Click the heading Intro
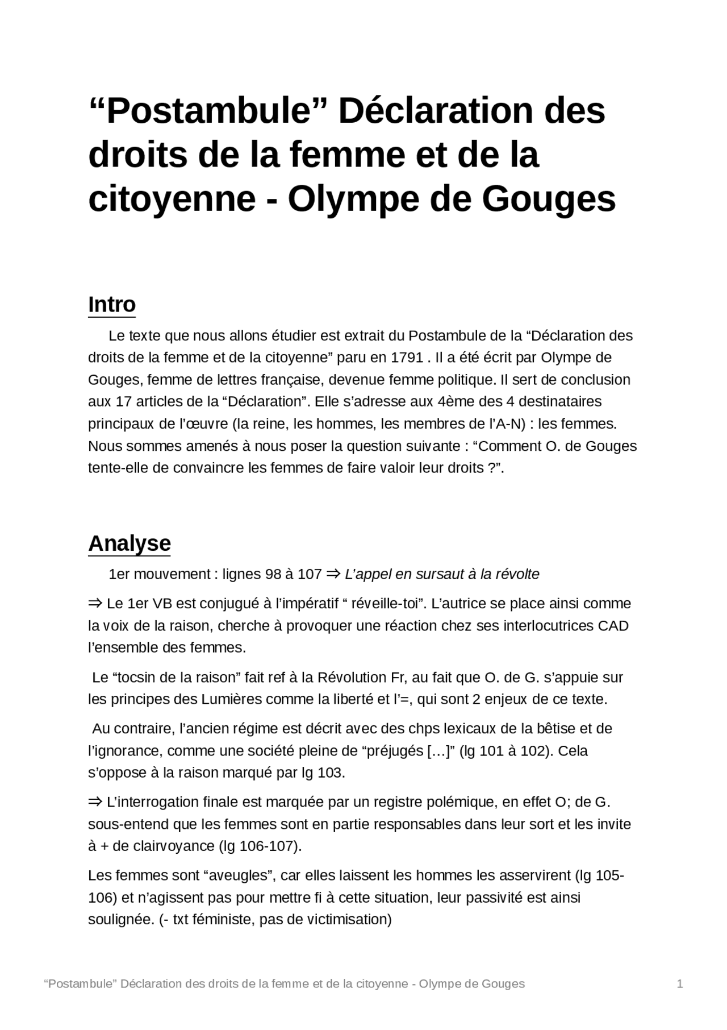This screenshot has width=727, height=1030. click(112, 305)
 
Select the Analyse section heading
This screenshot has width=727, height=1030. click(129, 543)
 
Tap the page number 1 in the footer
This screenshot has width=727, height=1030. click(680, 984)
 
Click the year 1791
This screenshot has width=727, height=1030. click(407, 358)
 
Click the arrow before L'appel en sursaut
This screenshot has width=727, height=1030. click(333, 574)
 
